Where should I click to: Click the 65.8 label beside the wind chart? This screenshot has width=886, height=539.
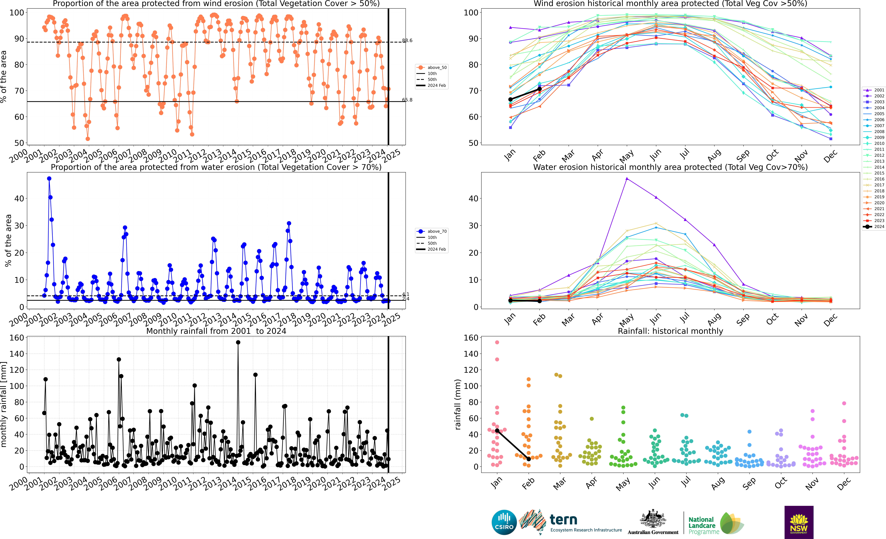pyautogui.click(x=407, y=100)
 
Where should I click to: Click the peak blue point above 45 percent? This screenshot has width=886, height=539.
pyautogui.click(x=49, y=179)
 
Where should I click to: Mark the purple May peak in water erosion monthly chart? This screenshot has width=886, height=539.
pyautogui.click(x=627, y=179)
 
